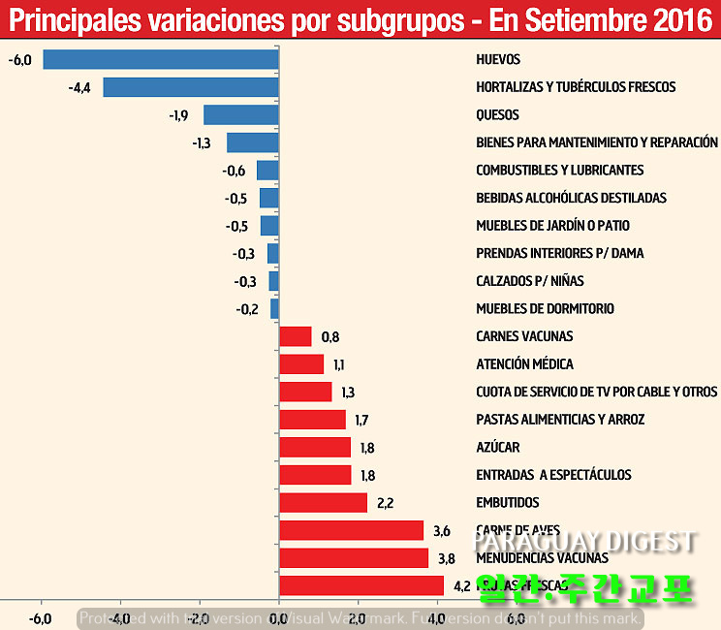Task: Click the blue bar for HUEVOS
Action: click(161, 59)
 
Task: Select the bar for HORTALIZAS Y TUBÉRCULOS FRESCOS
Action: click(191, 87)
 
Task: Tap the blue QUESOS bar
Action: click(240, 114)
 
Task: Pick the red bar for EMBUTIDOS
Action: click(323, 502)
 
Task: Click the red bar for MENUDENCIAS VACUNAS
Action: click(353, 557)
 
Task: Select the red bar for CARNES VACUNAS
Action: click(295, 336)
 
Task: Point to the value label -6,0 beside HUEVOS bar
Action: click(19, 60)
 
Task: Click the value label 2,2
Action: click(386, 503)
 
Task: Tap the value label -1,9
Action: click(178, 115)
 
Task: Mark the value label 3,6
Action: click(442, 530)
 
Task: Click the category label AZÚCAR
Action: click(498, 447)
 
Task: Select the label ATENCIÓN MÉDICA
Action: click(524, 364)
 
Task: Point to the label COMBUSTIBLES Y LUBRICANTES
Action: click(559, 170)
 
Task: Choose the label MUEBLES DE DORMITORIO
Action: click(545, 308)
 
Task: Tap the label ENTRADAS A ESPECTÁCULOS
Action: click(553, 475)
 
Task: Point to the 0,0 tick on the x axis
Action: click(278, 618)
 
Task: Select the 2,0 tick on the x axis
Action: click(358, 618)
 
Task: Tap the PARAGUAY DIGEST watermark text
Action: click(583, 541)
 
